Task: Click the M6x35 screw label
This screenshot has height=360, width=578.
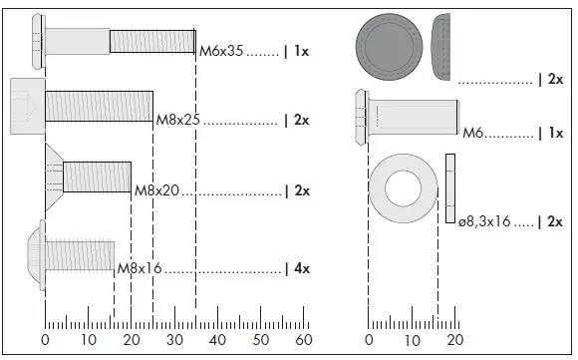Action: point(221,51)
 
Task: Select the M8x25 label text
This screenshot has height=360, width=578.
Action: point(178,120)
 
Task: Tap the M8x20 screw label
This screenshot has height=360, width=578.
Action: point(156,189)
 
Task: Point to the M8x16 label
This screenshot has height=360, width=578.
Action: point(140,268)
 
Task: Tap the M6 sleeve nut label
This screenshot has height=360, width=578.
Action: point(473,132)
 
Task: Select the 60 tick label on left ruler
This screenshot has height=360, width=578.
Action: point(305,340)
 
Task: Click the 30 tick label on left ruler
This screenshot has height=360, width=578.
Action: point(174,340)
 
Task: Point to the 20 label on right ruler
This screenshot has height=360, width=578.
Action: point(455,340)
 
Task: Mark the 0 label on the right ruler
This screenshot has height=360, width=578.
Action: point(369,340)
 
